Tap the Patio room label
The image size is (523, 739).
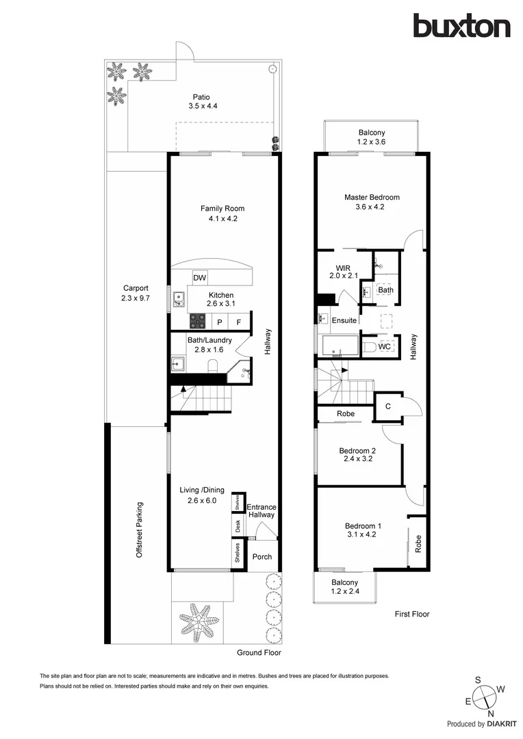click(x=201, y=97)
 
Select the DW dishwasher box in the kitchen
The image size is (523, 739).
click(x=200, y=278)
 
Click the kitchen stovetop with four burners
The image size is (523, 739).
click(x=198, y=321)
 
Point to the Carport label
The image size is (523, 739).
click(x=136, y=289)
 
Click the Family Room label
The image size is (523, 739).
click(x=222, y=209)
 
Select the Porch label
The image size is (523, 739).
click(x=261, y=557)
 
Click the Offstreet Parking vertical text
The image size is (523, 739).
click(x=140, y=530)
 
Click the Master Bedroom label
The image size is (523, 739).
click(x=371, y=198)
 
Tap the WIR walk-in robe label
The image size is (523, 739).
click(x=343, y=268)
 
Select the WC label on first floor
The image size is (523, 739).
click(x=384, y=347)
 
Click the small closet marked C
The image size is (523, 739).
click(x=387, y=406)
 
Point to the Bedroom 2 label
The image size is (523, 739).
click(x=357, y=450)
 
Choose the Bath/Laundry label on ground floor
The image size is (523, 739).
click(x=209, y=340)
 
